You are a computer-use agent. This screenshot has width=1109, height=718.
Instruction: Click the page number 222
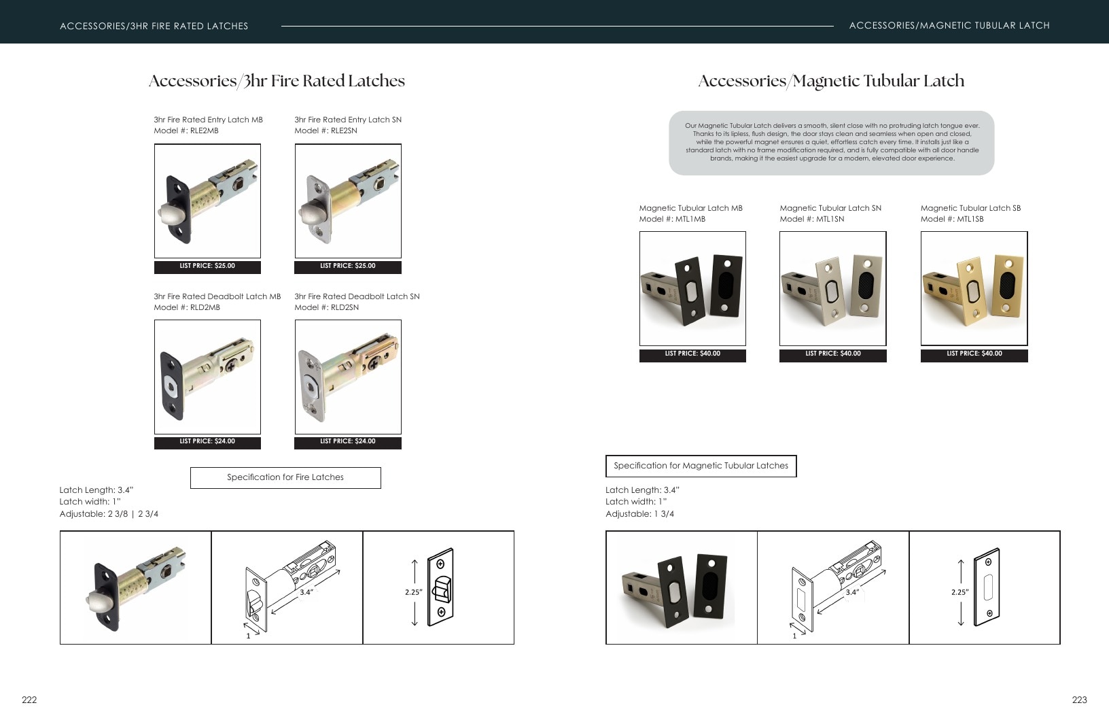[x=29, y=700]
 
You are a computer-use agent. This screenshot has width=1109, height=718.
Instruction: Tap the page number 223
[x=1079, y=700]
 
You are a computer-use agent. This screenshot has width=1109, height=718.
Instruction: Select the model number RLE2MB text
[x=186, y=131]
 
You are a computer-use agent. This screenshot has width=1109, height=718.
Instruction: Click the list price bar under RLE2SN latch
[x=347, y=267]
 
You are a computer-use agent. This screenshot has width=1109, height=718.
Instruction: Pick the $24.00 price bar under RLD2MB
[x=207, y=442]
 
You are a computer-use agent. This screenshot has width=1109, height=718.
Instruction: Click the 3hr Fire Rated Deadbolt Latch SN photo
[x=348, y=377]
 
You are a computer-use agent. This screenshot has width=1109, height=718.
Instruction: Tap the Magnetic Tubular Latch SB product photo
[x=974, y=288]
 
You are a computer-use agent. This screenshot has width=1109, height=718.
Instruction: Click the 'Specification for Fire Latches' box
[x=285, y=478]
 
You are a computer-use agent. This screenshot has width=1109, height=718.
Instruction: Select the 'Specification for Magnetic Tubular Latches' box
[x=701, y=466]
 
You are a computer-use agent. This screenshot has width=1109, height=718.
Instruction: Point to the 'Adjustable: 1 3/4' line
[x=639, y=514]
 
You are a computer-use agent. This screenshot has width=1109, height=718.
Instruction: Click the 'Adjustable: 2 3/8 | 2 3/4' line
[x=109, y=514]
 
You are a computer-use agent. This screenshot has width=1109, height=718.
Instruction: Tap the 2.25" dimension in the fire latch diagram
[x=413, y=592]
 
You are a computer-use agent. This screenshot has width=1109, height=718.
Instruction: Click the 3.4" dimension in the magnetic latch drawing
[x=852, y=592]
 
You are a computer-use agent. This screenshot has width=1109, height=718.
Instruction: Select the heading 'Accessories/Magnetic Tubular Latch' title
[x=831, y=81]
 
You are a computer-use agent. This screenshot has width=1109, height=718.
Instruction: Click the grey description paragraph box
[x=831, y=143]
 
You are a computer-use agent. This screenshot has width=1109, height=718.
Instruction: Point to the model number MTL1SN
[x=812, y=219]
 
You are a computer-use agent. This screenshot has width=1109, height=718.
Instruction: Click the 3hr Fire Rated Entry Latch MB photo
[x=207, y=201]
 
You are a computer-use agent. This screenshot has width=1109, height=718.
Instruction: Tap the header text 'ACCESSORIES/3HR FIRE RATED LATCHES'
[x=154, y=27]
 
